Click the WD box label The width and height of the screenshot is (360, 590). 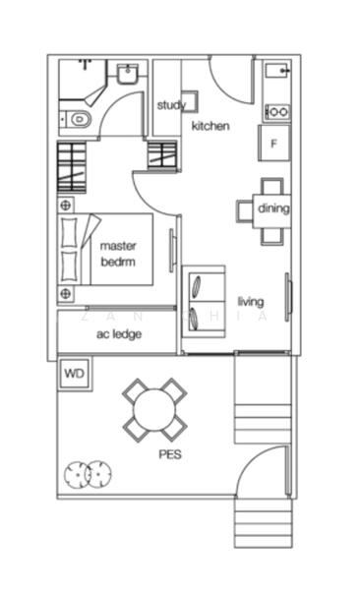coord(74,375)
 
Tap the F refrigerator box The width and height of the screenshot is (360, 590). coord(274,143)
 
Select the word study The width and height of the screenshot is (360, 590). coord(170,105)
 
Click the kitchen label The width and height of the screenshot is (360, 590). coord(210,126)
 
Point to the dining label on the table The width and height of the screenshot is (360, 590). coord(273,208)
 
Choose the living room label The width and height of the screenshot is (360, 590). coord(251,301)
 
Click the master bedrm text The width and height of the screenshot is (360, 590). coord(118,254)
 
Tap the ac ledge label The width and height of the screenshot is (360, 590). coord(118,334)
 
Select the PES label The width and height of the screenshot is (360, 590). coord(170,455)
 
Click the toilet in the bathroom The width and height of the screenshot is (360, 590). coord(78,119)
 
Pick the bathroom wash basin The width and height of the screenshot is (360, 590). coord(126,75)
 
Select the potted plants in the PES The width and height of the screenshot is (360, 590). coord(87,474)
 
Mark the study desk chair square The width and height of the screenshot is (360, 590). coord(190,102)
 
